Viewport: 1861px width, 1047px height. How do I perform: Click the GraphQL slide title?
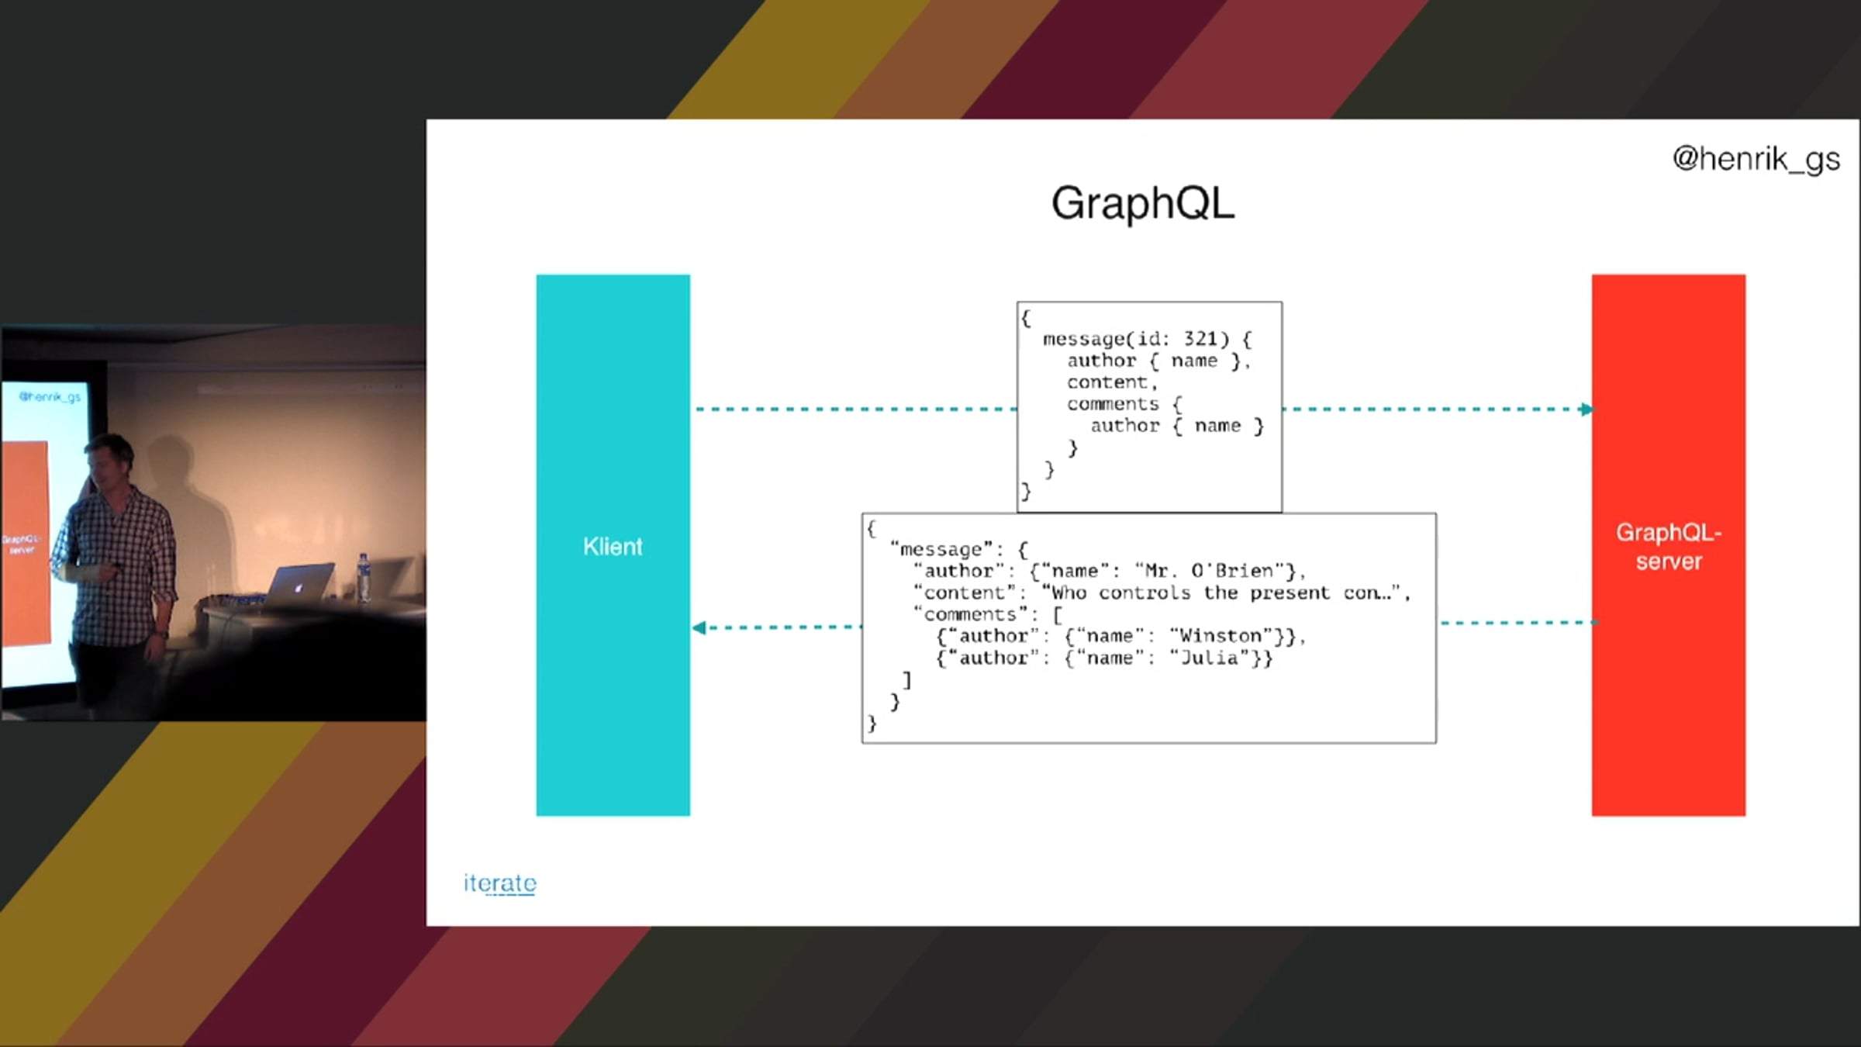(1142, 204)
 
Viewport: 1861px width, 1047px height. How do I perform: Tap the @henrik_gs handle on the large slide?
(1756, 159)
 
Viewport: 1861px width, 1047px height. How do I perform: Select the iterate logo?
(500, 883)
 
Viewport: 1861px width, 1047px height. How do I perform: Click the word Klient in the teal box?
(613, 547)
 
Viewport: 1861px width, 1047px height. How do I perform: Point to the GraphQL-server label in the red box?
(1669, 547)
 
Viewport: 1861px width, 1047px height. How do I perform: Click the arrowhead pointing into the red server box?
(1587, 409)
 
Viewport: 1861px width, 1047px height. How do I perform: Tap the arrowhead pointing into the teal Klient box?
(699, 627)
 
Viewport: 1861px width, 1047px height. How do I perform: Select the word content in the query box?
(1107, 382)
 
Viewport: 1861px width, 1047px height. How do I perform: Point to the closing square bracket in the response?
(906, 680)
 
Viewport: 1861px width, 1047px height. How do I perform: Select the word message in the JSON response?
(941, 549)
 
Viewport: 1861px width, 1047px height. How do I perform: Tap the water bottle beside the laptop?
(363, 577)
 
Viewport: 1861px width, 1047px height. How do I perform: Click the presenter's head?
(109, 462)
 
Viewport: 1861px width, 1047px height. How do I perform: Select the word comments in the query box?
(1113, 404)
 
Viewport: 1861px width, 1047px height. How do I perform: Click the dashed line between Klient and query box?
(856, 409)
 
